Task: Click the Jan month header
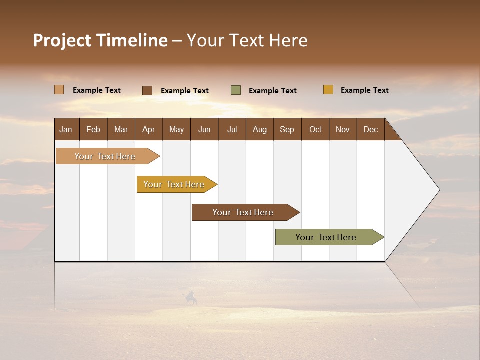(66, 130)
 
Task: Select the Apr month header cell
(149, 130)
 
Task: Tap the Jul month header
(232, 130)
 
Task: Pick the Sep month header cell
(287, 130)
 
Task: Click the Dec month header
(370, 130)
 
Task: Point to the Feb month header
(93, 130)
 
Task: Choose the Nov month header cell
(342, 130)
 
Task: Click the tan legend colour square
(59, 90)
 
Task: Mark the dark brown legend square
(147, 90)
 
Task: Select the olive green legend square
(236, 90)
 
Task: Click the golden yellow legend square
(328, 90)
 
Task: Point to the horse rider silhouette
(191, 298)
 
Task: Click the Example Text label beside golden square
(364, 90)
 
